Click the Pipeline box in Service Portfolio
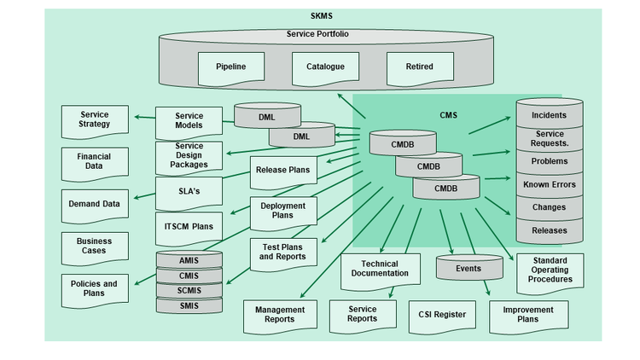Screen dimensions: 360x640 pos(230,67)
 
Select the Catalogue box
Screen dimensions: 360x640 pos(325,67)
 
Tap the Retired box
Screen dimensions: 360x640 pos(419,67)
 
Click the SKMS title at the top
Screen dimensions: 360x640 pos(323,17)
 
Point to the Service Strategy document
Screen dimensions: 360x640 pos(95,120)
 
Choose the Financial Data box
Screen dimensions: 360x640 pos(94,162)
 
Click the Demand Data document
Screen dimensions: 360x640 pos(94,205)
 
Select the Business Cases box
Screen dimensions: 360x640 pos(94,247)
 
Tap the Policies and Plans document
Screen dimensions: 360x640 pos(94,288)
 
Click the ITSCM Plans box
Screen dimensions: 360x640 pos(189,228)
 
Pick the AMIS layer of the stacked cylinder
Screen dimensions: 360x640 pos(189,261)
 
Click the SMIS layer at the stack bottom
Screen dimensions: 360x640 pos(189,305)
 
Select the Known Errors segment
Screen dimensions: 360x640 pos(549,184)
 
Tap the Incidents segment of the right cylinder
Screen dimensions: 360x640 pos(549,115)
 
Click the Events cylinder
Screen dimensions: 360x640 pos(468,269)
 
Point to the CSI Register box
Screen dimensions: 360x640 pos(442,315)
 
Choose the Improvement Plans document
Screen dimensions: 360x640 pos(527,315)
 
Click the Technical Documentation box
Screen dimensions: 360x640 pos(380,270)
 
